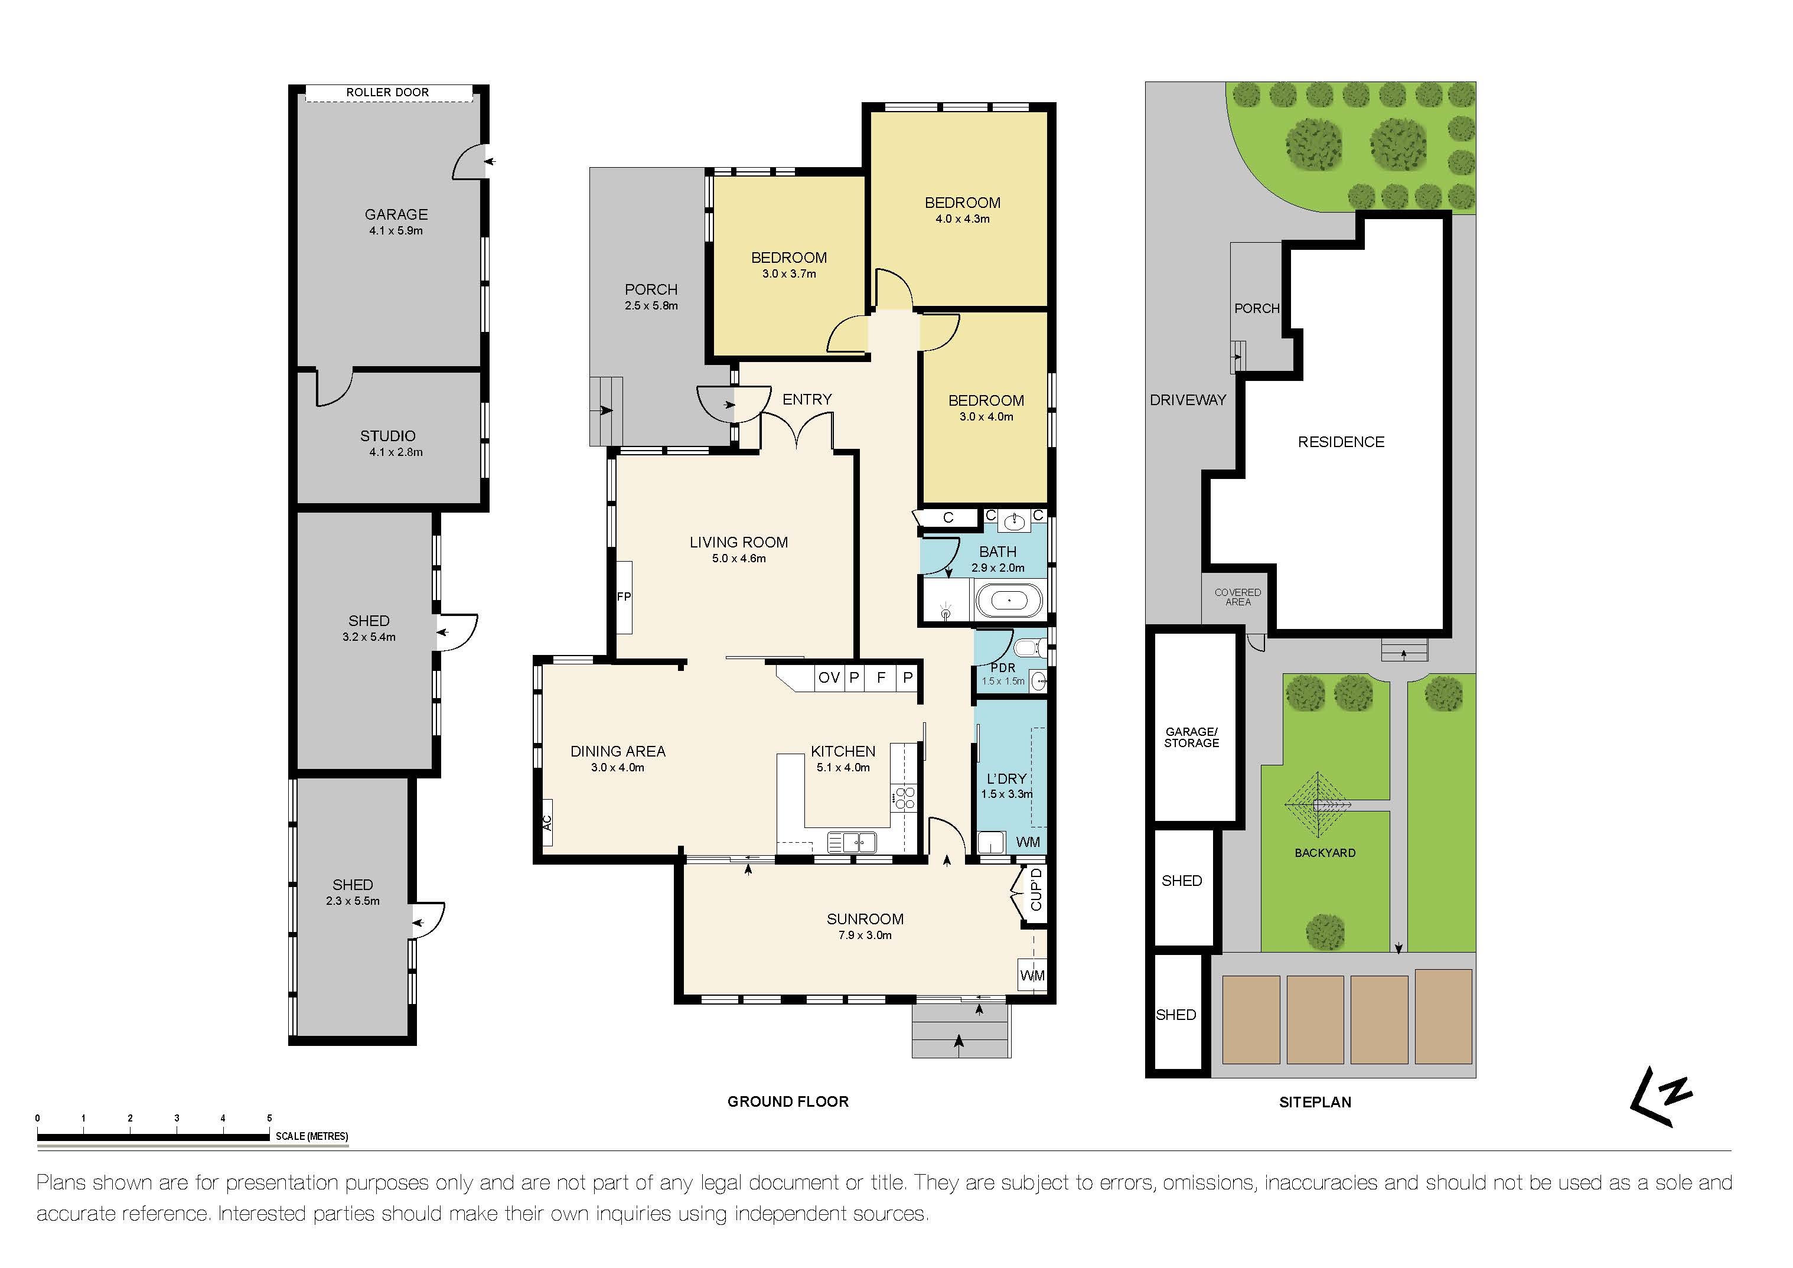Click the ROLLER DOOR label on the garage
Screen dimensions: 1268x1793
tap(387, 93)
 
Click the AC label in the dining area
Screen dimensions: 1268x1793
tap(547, 823)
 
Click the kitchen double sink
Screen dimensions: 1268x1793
tap(852, 842)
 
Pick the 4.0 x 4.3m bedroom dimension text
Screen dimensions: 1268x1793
tap(962, 219)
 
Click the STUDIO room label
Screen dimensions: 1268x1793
tap(387, 436)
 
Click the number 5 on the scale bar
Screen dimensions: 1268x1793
tap(269, 1119)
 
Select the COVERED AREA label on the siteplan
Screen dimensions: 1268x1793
tap(1237, 597)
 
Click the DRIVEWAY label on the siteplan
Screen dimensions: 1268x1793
tap(1187, 400)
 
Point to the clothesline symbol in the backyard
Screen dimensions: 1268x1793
tap(1318, 805)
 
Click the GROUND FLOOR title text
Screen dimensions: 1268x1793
tap(787, 1101)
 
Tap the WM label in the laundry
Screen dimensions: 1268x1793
tap(1028, 842)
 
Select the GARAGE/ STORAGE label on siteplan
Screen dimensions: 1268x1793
tap(1191, 738)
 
